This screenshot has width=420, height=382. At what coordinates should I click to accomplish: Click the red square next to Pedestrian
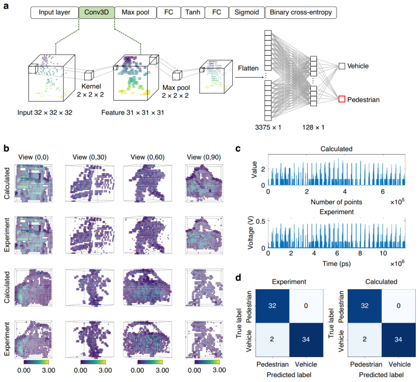[x=343, y=99]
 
